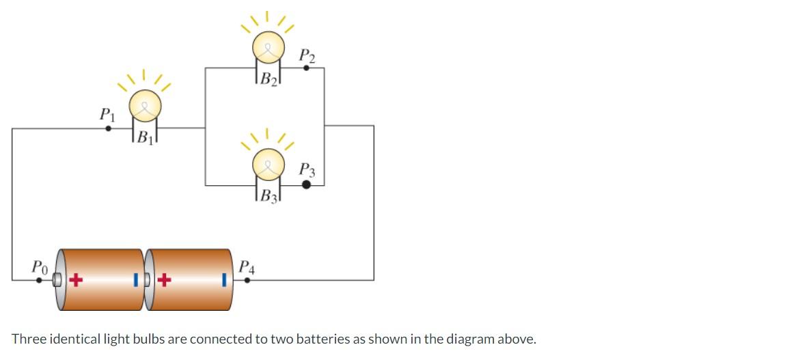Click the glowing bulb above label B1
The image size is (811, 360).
(x=145, y=105)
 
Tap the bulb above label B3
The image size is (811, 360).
(x=268, y=164)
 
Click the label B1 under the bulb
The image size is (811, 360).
(x=145, y=136)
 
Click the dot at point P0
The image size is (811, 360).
(x=39, y=279)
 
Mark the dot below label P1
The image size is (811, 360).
(x=108, y=128)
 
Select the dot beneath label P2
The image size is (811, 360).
(x=306, y=68)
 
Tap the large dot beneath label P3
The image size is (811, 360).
(x=306, y=184)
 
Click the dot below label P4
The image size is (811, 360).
(x=247, y=279)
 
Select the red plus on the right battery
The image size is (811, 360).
(x=164, y=279)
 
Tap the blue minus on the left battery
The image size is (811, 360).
(x=137, y=279)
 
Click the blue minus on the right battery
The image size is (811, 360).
(x=223, y=279)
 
